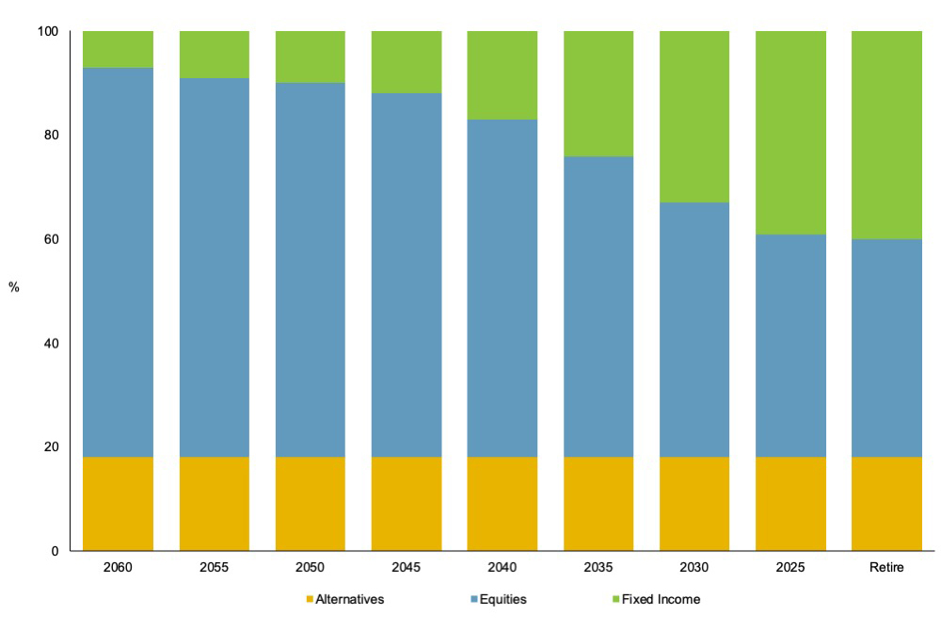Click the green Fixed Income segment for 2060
click(x=118, y=49)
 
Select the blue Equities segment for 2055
click(x=214, y=267)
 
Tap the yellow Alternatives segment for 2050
click(x=310, y=504)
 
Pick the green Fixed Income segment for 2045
click(x=406, y=62)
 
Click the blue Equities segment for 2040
click(x=502, y=288)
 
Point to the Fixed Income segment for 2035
click(x=598, y=93)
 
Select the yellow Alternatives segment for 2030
click(x=694, y=504)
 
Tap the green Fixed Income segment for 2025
click(x=790, y=133)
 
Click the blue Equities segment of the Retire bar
click(x=886, y=348)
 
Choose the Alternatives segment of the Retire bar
click(x=886, y=504)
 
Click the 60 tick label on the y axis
click(x=51, y=239)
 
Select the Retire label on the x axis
click(x=886, y=568)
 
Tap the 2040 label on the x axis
click(x=502, y=568)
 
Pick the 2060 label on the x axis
click(x=118, y=568)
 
